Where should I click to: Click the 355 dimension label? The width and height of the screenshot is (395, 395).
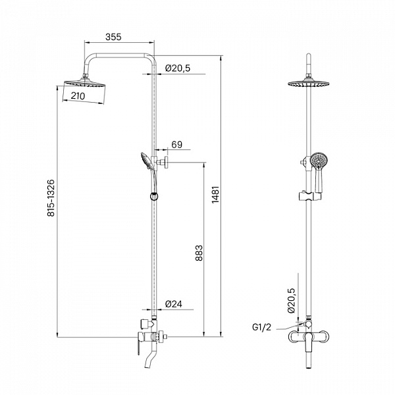(x=113, y=37)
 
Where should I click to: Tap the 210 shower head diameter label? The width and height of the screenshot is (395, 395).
(x=78, y=96)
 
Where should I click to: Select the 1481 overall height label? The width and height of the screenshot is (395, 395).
(x=216, y=195)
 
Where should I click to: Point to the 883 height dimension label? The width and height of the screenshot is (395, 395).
(x=199, y=253)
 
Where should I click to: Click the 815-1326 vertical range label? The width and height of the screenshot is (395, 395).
(x=51, y=198)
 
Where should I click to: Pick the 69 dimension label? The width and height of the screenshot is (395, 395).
(x=177, y=145)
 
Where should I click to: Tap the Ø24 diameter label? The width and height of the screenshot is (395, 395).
(x=174, y=304)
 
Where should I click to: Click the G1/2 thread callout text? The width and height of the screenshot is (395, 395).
(x=262, y=327)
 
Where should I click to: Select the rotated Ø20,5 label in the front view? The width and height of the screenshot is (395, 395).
(x=291, y=300)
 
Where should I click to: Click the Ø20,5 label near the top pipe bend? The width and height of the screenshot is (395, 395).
(x=178, y=68)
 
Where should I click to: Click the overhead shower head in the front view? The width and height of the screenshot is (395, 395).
(x=309, y=84)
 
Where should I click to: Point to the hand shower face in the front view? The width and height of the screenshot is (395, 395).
(x=319, y=160)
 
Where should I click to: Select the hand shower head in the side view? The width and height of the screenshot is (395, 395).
(x=146, y=161)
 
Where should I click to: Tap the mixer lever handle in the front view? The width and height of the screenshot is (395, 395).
(x=309, y=342)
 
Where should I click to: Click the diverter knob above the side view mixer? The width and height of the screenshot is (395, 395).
(x=145, y=324)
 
